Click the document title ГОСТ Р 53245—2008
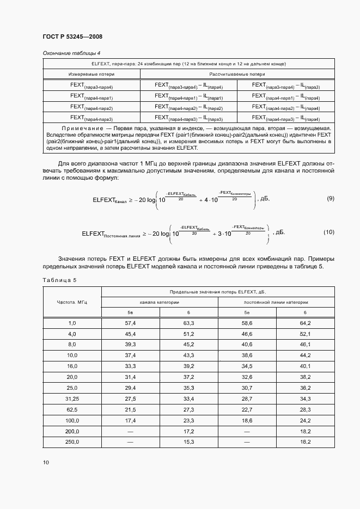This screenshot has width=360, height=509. point(72,36)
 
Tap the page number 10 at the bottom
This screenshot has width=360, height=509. point(46,462)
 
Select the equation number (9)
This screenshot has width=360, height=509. point(330,199)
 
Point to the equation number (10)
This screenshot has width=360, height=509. point(328,232)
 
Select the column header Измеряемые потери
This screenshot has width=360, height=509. point(91,73)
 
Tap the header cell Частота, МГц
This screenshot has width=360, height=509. point(72,302)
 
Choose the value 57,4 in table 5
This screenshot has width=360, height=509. point(131,323)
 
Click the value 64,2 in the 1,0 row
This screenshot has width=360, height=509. point(304,323)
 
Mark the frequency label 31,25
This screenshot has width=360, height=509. point(72,398)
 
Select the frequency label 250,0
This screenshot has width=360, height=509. point(72,441)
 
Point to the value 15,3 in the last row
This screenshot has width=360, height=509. point(188,441)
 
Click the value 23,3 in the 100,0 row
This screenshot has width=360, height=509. point(188,420)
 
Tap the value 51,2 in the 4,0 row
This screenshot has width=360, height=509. point(188,334)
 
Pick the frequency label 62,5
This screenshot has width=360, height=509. point(72,409)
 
